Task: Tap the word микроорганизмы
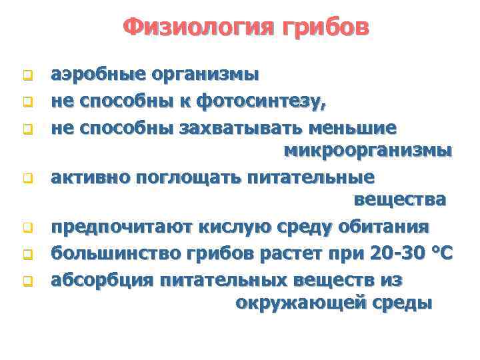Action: (x=368, y=151)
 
